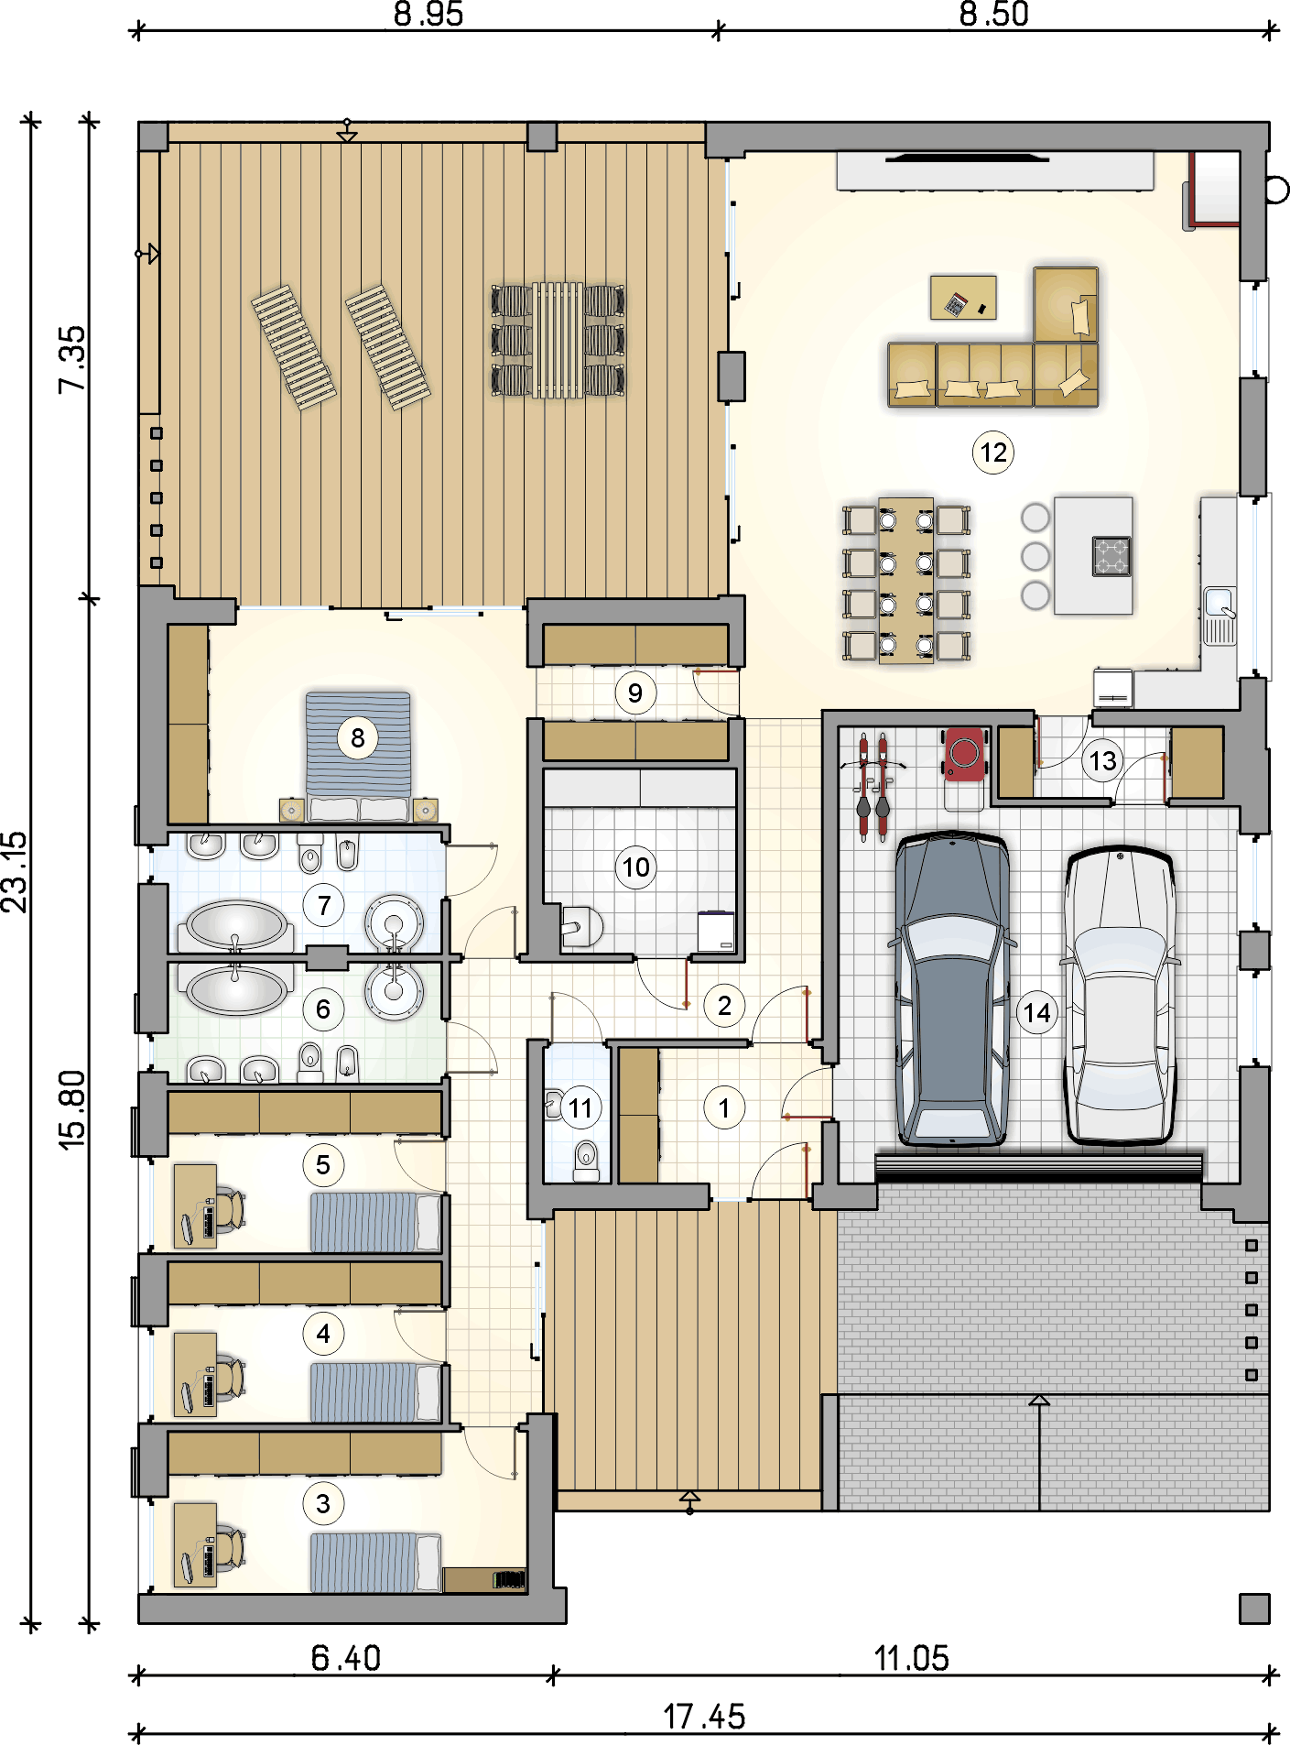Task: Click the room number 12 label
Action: coord(993,453)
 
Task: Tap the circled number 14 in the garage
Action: coord(1036,1012)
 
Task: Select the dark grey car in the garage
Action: coord(952,989)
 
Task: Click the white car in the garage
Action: coord(1119,994)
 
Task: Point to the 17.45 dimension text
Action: coord(704,1716)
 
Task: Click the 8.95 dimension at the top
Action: coord(428,15)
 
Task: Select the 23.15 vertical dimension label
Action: coord(16,871)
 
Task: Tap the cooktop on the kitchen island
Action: coord(1111,556)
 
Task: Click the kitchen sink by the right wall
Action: coord(1220,616)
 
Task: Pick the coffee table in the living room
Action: coord(963,297)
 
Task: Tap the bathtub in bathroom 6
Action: coord(236,987)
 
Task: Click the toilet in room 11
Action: coord(586,1161)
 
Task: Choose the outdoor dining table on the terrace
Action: coord(558,340)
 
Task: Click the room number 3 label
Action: coord(323,1503)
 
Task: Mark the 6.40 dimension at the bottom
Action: coord(345,1658)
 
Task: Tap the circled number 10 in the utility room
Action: coord(636,867)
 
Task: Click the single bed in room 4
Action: coord(375,1391)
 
